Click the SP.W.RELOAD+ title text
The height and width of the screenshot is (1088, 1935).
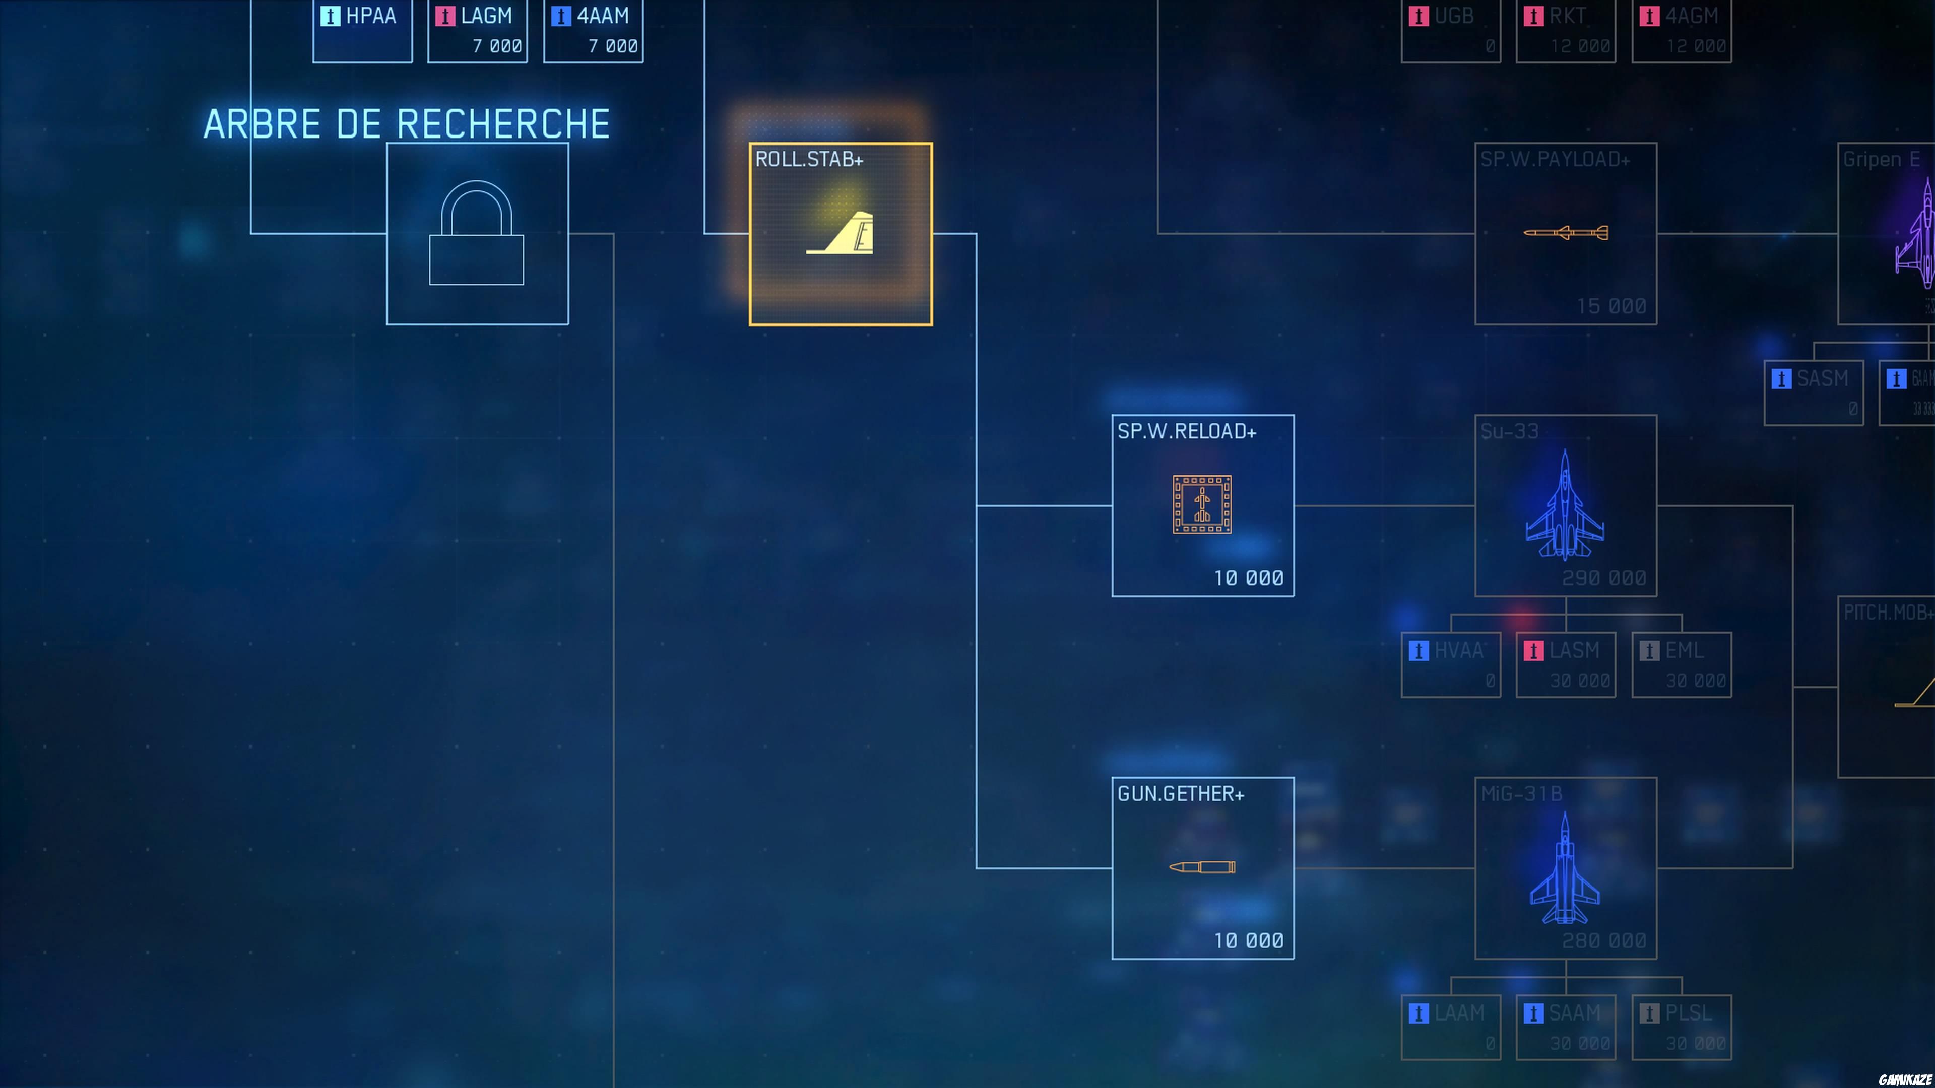(x=1186, y=432)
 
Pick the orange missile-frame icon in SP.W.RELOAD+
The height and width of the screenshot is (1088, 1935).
(x=1202, y=505)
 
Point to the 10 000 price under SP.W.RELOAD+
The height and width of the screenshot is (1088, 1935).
(x=1249, y=578)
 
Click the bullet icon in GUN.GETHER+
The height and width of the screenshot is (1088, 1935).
(x=1202, y=867)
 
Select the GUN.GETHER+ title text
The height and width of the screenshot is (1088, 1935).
(x=1180, y=794)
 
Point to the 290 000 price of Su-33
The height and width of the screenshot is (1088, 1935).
(x=1604, y=578)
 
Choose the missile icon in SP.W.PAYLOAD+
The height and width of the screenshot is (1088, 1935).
(x=1566, y=233)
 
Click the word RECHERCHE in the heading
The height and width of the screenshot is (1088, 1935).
(x=502, y=124)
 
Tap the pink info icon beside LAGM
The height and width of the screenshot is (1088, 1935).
(x=444, y=16)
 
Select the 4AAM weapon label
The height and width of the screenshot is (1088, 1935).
(x=603, y=16)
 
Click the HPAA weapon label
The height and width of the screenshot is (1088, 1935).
(x=371, y=16)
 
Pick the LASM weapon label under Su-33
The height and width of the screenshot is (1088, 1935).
(x=1574, y=650)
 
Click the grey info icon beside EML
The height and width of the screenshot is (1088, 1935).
(x=1649, y=650)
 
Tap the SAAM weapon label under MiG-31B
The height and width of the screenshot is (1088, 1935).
(x=1574, y=1013)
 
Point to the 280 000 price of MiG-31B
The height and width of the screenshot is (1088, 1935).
(x=1604, y=941)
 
